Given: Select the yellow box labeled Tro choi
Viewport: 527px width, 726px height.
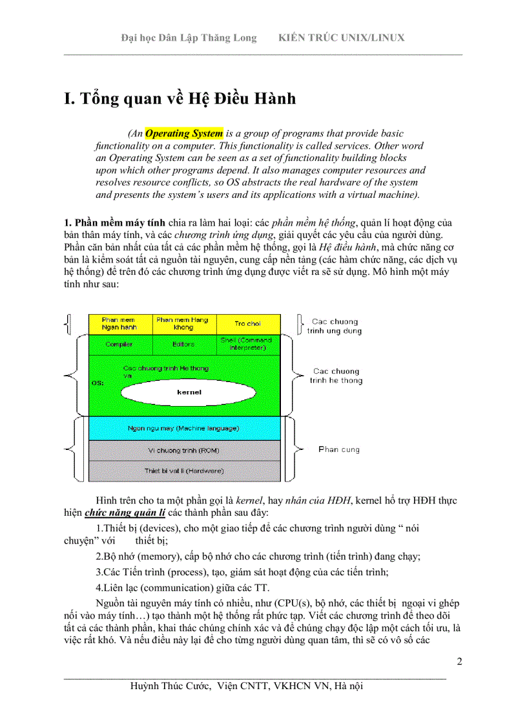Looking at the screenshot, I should (248, 323).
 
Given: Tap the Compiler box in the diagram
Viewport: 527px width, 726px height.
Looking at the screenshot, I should (119, 344).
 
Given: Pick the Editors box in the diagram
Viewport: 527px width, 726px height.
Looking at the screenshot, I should (183, 344).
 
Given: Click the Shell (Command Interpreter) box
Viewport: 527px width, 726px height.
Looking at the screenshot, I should (247, 343).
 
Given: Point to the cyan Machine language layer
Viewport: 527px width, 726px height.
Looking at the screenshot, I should (183, 428).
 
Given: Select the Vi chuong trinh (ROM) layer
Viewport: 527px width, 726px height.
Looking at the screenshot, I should (183, 449).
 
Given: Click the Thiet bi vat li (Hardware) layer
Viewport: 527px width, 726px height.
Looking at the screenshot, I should (183, 471).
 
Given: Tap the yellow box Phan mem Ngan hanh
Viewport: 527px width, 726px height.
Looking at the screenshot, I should (119, 323).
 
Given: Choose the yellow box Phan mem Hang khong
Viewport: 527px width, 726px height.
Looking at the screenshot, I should (183, 323).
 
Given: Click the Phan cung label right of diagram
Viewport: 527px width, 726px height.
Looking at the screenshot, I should (339, 449).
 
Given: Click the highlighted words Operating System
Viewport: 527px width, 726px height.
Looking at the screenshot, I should (184, 134).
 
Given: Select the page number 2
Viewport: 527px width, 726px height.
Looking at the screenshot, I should (459, 661).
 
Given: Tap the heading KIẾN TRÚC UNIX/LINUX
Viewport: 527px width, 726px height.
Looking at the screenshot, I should (341, 37).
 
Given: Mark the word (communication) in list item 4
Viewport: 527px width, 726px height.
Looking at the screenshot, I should (180, 588).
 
